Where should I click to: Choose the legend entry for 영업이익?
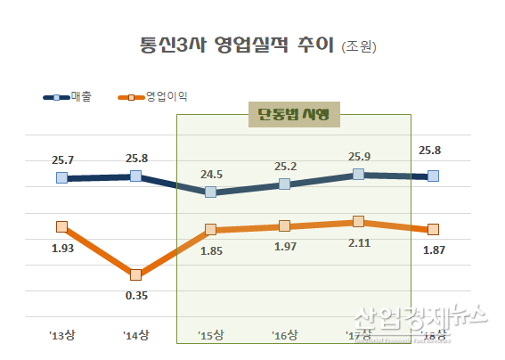(x=159, y=95)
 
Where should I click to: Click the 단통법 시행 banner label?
(x=295, y=113)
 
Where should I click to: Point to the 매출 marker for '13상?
(x=61, y=178)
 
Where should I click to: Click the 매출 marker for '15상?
(x=209, y=192)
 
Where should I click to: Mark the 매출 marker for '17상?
(x=358, y=174)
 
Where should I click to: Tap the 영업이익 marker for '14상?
(x=135, y=274)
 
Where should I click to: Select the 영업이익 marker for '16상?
(x=284, y=226)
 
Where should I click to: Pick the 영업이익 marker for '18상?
(x=433, y=229)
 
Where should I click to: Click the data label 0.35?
(x=135, y=295)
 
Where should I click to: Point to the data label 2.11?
(x=358, y=241)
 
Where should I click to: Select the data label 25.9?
(x=358, y=155)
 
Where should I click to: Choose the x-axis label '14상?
(x=135, y=336)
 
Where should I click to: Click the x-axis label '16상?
(x=284, y=336)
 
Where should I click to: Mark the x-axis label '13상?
(x=61, y=336)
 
